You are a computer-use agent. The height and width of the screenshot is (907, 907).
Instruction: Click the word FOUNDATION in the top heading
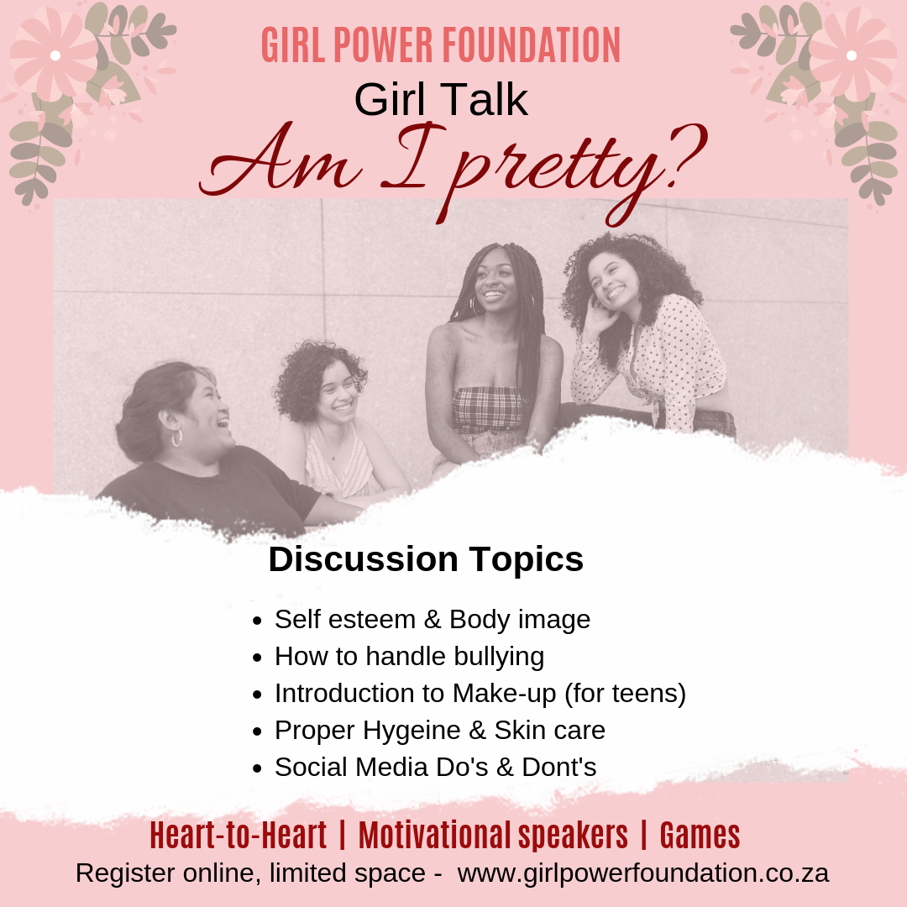[x=531, y=45]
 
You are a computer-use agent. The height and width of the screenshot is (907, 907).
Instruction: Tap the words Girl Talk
[x=441, y=99]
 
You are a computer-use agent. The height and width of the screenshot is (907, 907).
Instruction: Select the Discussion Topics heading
[x=426, y=559]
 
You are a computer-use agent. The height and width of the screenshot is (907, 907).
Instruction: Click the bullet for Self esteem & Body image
[x=258, y=621]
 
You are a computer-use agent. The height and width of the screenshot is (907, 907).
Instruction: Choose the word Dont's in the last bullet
[x=558, y=767]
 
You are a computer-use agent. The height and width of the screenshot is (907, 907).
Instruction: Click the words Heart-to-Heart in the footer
[x=239, y=836]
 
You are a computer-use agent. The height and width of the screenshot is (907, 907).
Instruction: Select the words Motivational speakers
[x=493, y=836]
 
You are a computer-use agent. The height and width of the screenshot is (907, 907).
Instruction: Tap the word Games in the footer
[x=700, y=836]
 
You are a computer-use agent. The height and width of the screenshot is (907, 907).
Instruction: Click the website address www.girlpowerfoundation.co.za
[x=643, y=873]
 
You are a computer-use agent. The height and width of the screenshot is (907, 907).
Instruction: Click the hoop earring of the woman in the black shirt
[x=177, y=438]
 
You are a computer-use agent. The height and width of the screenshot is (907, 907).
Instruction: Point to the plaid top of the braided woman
[x=487, y=410]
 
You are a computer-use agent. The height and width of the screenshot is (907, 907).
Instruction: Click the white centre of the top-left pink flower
[x=55, y=55]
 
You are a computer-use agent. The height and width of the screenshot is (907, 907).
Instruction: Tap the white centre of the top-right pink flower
[x=852, y=55]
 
